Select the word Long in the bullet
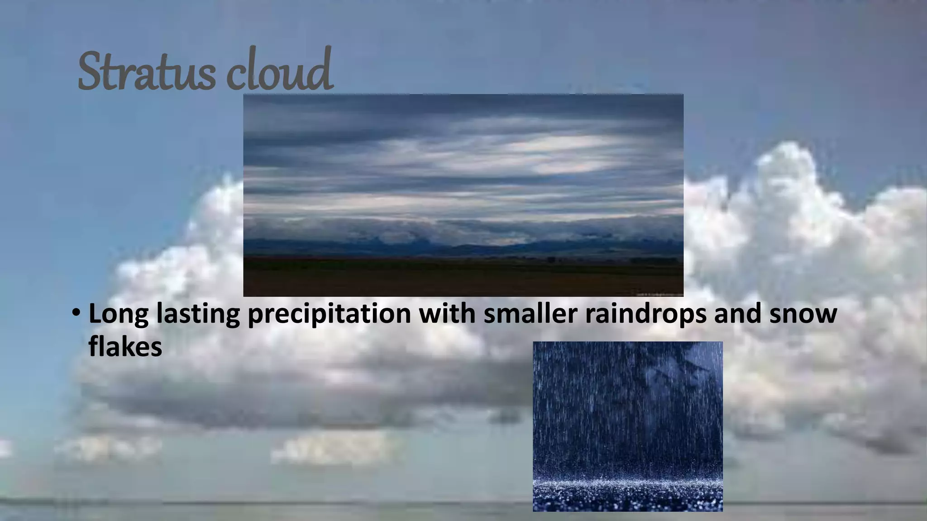[x=118, y=314]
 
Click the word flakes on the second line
[x=125, y=347]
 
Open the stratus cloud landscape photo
[x=463, y=195]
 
